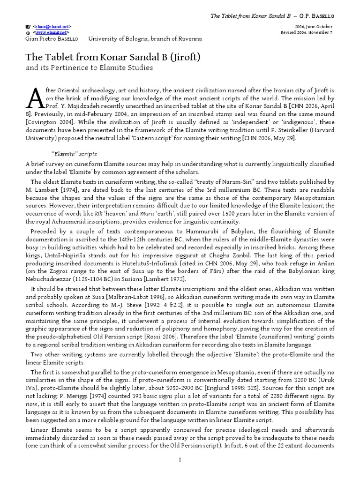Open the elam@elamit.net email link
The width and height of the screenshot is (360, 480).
pyautogui.click(x=52, y=27)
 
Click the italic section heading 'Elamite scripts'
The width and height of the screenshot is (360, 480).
pyautogui.click(x=73, y=154)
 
